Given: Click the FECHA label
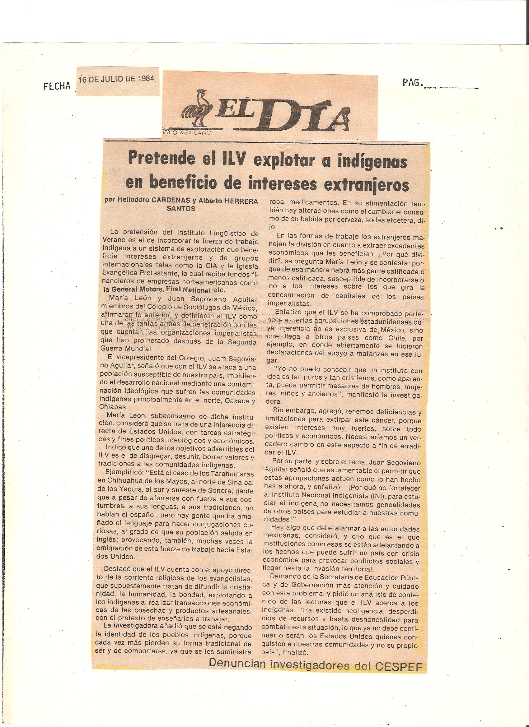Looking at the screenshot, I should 56,86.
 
